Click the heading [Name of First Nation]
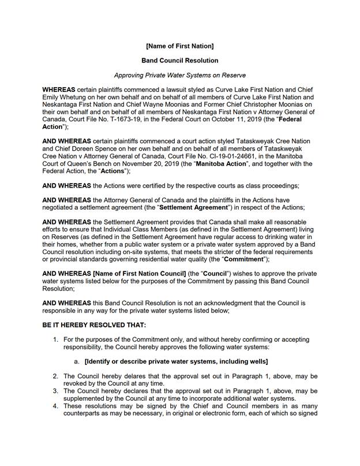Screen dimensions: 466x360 [x=180, y=46]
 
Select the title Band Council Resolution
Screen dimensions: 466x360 [x=180, y=60]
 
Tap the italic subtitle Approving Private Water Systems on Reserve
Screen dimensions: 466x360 [x=180, y=75]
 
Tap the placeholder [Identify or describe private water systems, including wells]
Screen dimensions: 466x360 [x=176, y=361]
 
